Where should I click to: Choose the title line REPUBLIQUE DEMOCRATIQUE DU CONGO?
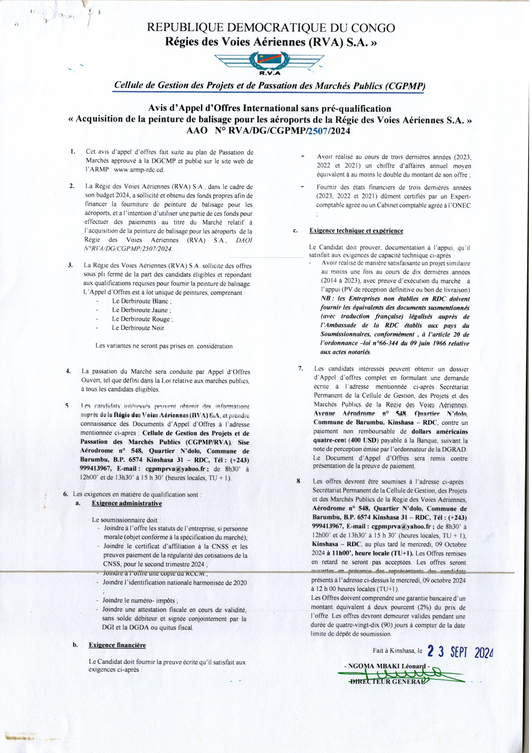point(271,28)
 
